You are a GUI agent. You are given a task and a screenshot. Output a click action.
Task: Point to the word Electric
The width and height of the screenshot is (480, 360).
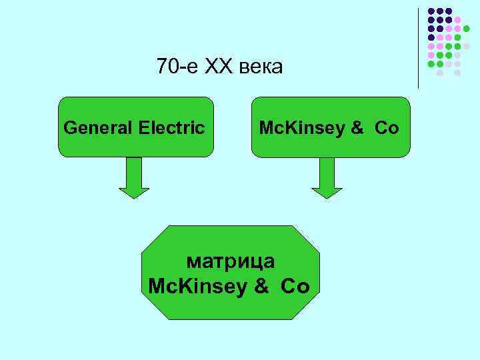[172, 127]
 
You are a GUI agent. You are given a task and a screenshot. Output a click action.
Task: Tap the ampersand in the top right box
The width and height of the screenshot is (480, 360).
[357, 127]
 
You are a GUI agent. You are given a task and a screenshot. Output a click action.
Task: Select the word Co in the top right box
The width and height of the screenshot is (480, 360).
[387, 127]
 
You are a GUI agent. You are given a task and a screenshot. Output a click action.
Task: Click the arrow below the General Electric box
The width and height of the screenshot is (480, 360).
[134, 178]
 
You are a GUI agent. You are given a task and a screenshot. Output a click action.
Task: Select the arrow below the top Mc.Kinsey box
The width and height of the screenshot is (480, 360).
[327, 178]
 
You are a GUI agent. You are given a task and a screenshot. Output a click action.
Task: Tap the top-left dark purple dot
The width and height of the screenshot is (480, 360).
[431, 11]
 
